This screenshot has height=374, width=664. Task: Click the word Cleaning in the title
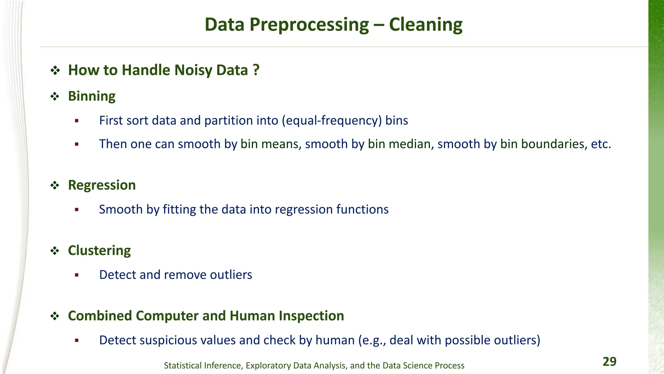coord(425,25)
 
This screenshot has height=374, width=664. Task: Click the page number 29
coord(609,361)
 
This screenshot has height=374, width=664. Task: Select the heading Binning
coord(92,96)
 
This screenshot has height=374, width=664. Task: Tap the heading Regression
coord(102,185)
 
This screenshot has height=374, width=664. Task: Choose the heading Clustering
coord(99,250)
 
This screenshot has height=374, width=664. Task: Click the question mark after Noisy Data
coord(256,70)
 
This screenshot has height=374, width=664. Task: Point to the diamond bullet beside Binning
coord(55,96)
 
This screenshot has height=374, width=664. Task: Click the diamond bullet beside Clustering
coord(55,251)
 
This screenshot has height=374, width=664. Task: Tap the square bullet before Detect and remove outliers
coord(77,275)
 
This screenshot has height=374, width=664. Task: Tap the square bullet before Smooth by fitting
coord(77,210)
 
